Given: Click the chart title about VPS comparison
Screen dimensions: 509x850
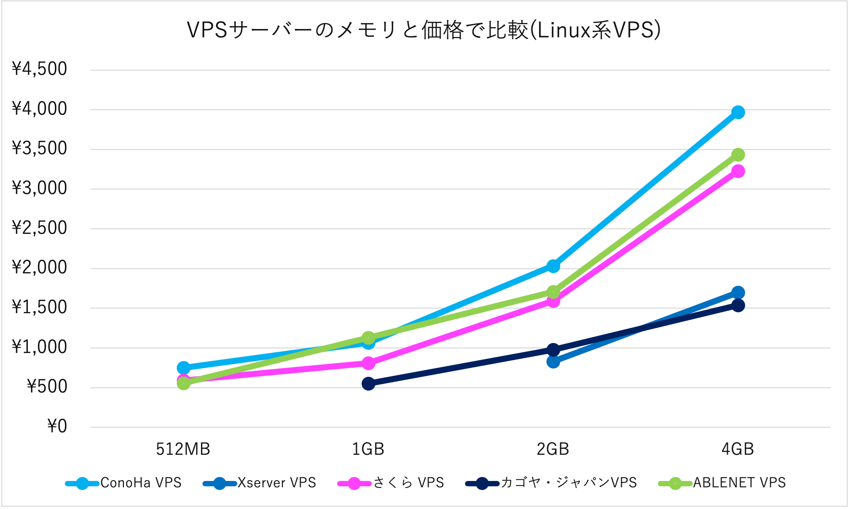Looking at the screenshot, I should pyautogui.click(x=424, y=30).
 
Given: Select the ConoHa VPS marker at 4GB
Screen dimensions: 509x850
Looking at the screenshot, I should pyautogui.click(x=738, y=112).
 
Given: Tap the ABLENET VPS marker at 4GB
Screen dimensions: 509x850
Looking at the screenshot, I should pyautogui.click(x=738, y=155).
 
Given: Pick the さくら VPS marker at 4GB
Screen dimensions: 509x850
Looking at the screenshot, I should pyautogui.click(x=738, y=171).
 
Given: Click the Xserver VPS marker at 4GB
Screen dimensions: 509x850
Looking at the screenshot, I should pyautogui.click(x=738, y=292).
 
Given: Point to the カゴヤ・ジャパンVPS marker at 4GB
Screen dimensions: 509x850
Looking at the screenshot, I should pyautogui.click(x=738, y=305).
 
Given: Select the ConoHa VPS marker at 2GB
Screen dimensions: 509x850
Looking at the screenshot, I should pyautogui.click(x=553, y=266).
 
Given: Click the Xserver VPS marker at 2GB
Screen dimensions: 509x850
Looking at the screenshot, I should pyautogui.click(x=553, y=361).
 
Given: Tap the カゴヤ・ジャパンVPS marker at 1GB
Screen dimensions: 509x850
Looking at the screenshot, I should pyautogui.click(x=368, y=384).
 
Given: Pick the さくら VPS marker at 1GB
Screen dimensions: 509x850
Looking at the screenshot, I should pyautogui.click(x=368, y=363).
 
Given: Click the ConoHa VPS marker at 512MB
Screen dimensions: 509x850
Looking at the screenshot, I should pyautogui.click(x=183, y=368).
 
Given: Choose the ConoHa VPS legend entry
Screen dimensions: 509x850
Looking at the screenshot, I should pyautogui.click(x=124, y=483).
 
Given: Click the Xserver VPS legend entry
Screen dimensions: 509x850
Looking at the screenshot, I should pyautogui.click(x=260, y=483).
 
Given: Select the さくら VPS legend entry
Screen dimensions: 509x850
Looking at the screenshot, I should pyautogui.click(x=391, y=483).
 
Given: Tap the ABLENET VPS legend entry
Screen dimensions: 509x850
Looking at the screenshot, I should pyautogui.click(x=722, y=483).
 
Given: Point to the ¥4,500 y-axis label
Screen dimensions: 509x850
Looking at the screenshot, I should pyautogui.click(x=40, y=69).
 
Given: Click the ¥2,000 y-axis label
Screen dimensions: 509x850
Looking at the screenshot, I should pyautogui.click(x=40, y=267).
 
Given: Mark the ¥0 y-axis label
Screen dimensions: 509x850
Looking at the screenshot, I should pyautogui.click(x=57, y=426).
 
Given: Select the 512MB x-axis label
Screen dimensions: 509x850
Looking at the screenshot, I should pyautogui.click(x=183, y=449).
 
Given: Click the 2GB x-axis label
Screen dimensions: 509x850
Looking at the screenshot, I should pyautogui.click(x=553, y=449).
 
